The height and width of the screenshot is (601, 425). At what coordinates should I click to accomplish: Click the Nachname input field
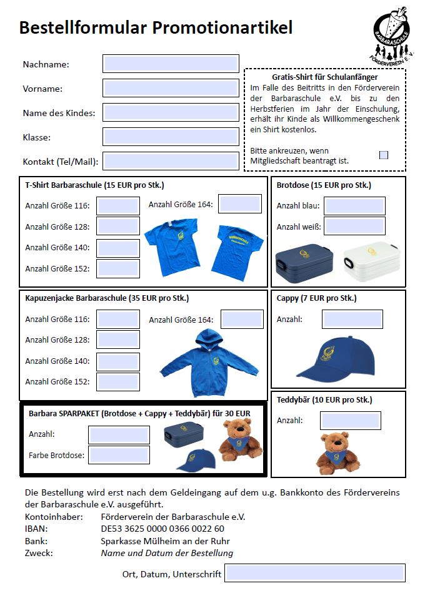[171, 64]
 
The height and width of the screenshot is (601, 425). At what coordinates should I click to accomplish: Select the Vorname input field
[171, 88]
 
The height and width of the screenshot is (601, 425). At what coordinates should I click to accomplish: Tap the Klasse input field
[171, 137]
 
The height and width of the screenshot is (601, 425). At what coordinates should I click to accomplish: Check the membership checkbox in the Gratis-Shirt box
[384, 155]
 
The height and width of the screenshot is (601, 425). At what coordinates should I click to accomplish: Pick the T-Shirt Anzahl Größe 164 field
[240, 203]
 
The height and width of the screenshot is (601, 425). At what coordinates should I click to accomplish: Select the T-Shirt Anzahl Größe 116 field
[118, 206]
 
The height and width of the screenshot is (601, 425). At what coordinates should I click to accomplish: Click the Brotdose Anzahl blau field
[354, 206]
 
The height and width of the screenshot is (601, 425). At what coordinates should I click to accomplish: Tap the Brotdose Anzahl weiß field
[354, 226]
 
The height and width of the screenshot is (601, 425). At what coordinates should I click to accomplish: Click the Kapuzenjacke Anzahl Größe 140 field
[118, 361]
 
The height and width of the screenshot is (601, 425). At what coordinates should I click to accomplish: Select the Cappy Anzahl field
[352, 319]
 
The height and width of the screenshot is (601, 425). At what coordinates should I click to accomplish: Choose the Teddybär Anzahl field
[351, 420]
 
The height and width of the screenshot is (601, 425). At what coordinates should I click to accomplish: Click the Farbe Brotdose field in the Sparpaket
[119, 455]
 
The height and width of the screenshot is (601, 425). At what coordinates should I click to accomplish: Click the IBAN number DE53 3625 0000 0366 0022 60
[162, 529]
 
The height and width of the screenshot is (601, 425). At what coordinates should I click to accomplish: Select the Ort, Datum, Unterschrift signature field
[315, 573]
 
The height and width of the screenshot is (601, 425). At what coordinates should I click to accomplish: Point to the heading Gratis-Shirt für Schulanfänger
[325, 77]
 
